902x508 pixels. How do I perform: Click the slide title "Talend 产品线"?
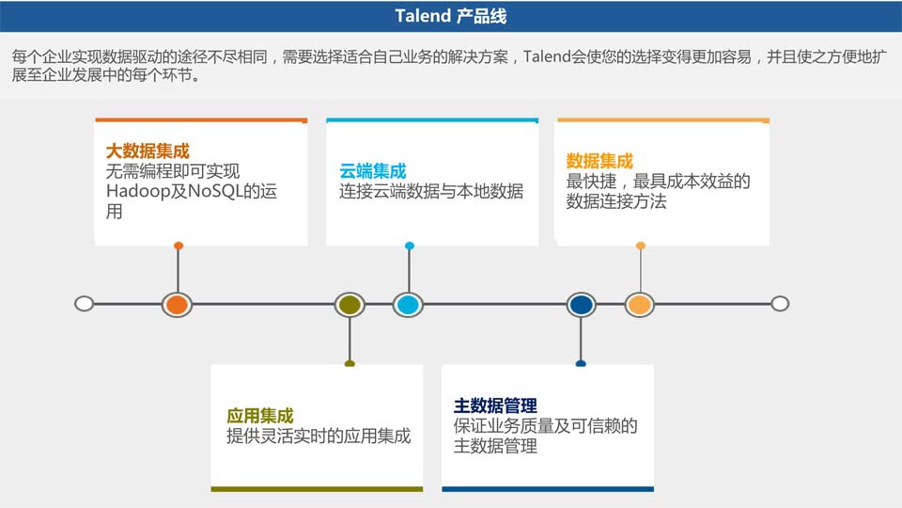pyautogui.click(x=450, y=16)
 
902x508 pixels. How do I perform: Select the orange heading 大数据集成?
pyautogui.click(x=148, y=151)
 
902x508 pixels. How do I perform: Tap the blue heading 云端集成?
pyautogui.click(x=373, y=171)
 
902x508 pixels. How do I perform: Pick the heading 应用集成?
pyautogui.click(x=260, y=416)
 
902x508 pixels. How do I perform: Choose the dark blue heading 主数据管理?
pyautogui.click(x=495, y=405)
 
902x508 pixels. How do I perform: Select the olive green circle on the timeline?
pyautogui.click(x=350, y=304)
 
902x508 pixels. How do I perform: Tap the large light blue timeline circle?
pyautogui.click(x=408, y=304)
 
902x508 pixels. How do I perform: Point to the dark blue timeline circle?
pyautogui.click(x=581, y=304)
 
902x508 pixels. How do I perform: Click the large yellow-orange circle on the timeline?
pyautogui.click(x=640, y=304)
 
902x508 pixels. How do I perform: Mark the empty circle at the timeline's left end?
pyautogui.click(x=84, y=304)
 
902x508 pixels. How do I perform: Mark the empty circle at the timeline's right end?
pyautogui.click(x=779, y=304)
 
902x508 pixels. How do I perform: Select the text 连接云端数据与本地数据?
pyautogui.click(x=431, y=192)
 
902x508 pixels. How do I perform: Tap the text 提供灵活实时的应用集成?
pyautogui.click(x=319, y=437)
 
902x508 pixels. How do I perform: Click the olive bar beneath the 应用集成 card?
pyautogui.click(x=310, y=489)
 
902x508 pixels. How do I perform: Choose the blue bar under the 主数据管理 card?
pyautogui.click(x=548, y=489)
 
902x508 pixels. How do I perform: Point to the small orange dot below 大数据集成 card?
pyautogui.click(x=179, y=246)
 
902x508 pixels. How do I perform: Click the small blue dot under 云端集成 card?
pyautogui.click(x=410, y=246)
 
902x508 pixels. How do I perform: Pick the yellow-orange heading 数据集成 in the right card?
pyautogui.click(x=599, y=161)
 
